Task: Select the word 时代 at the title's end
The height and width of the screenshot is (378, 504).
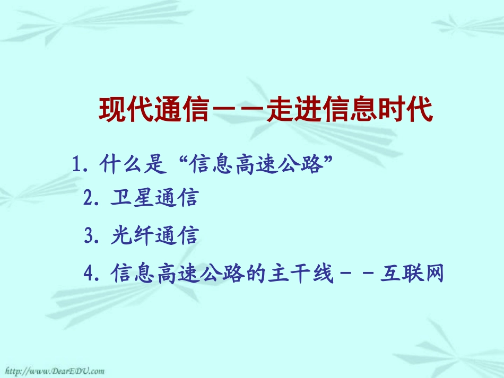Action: coord(404,110)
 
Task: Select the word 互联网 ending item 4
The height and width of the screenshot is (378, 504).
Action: coord(412,274)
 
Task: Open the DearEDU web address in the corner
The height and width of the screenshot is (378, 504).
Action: coord(53,371)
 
